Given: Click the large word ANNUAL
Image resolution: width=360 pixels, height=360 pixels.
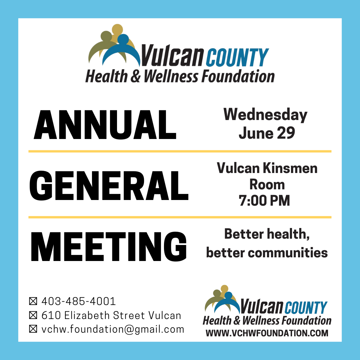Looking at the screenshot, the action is pos(105,125).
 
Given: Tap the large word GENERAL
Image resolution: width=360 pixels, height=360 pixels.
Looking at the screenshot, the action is pos(109,186).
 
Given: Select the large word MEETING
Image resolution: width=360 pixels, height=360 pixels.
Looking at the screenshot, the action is pos(109,247).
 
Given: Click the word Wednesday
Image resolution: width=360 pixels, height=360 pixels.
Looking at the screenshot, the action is pos(265,115).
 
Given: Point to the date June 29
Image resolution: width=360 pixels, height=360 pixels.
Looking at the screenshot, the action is pos(267,133).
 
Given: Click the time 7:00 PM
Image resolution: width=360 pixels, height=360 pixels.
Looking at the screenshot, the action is pos(264,200).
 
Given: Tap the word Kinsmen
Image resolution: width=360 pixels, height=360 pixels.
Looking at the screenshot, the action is pos(290,168).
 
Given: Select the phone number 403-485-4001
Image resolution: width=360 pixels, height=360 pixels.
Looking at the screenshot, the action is pos(79,301).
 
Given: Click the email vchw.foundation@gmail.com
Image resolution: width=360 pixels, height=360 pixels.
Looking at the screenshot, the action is pos(113,329).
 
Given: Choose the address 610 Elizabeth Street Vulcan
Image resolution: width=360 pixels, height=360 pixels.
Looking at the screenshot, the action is pos(111,315).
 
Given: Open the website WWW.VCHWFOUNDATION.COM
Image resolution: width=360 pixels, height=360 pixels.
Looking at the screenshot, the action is pos(267,333).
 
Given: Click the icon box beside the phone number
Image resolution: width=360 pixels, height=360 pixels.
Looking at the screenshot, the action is pos(33,301).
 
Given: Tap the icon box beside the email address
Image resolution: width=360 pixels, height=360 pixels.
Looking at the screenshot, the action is pos(33,329).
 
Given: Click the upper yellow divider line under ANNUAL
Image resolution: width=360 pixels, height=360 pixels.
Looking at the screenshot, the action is pos(180,151).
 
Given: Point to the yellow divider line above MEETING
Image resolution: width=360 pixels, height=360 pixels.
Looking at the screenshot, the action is pos(180,217).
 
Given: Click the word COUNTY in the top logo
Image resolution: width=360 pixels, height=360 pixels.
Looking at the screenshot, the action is pos(237,57).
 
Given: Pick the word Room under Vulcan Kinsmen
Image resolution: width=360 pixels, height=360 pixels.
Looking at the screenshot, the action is pos(267,185).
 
